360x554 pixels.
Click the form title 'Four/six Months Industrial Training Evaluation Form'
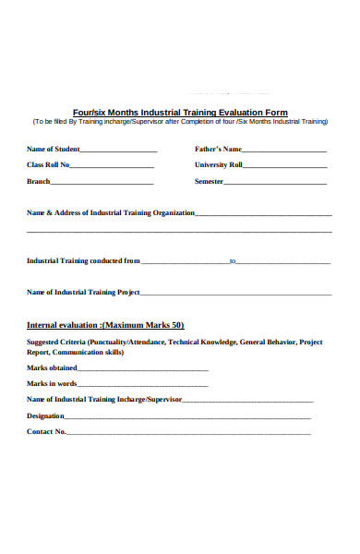pyautogui.click(x=180, y=112)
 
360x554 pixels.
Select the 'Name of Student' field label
pyautogui.click(x=54, y=149)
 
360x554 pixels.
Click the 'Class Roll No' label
pyautogui.click(x=48, y=165)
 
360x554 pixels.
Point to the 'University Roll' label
pyautogui.click(x=219, y=165)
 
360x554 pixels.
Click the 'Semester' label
pyautogui.click(x=210, y=182)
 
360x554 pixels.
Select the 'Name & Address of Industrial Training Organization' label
pyautogui.click(x=111, y=212)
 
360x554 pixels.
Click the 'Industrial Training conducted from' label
pyautogui.click(x=84, y=261)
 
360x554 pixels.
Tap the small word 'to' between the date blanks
pyautogui.click(x=233, y=261)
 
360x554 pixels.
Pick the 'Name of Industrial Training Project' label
pyautogui.click(x=83, y=293)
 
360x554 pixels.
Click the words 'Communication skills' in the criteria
pyautogui.click(x=88, y=352)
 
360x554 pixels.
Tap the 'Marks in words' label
pyautogui.click(x=52, y=383)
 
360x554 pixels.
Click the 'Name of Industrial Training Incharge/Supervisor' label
pyautogui.click(x=104, y=400)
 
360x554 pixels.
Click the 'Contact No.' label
pyautogui.click(x=46, y=431)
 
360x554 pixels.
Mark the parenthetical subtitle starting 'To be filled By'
pyautogui.click(x=180, y=122)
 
